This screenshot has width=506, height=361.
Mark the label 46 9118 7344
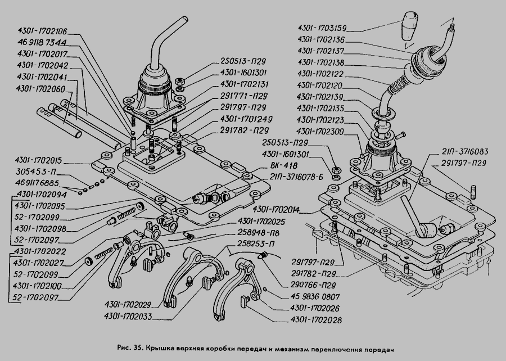(42, 42)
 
